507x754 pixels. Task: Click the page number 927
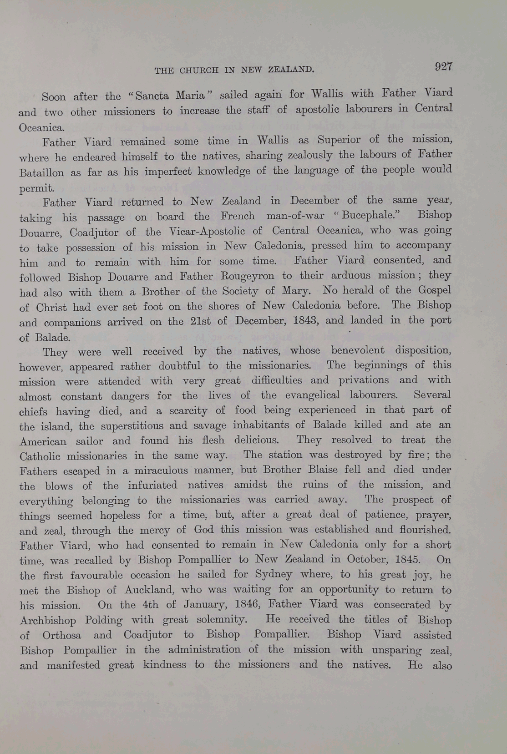(x=443, y=66)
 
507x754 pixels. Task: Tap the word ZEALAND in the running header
(x=291, y=70)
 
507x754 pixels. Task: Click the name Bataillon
(x=41, y=172)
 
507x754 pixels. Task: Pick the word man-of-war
(x=295, y=216)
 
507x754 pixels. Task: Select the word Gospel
(x=434, y=290)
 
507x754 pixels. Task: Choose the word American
(x=43, y=441)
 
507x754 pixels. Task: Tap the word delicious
(x=256, y=440)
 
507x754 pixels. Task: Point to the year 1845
(x=408, y=559)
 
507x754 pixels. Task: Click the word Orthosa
(x=62, y=635)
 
